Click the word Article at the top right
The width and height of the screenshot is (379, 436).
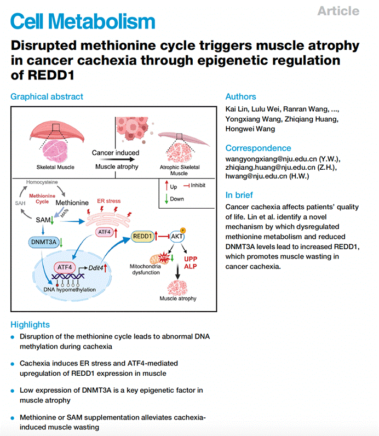[338, 11]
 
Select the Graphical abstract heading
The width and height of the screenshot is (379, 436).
[47, 96]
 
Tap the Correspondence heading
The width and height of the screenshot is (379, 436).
[258, 148]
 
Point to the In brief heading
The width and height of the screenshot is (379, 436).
[239, 195]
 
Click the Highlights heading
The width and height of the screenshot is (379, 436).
[30, 324]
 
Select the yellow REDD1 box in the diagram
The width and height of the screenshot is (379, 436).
[143, 236]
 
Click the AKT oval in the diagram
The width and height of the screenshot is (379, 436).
[176, 236]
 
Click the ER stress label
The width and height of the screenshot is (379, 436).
[108, 202]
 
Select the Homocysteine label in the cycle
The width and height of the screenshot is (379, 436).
[42, 181]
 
